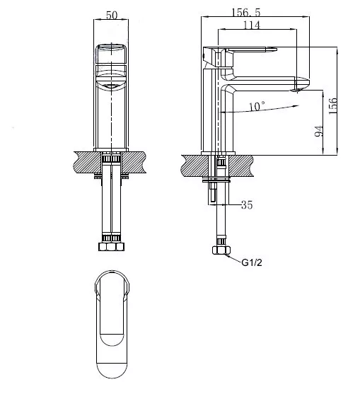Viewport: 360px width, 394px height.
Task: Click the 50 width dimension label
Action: (x=112, y=15)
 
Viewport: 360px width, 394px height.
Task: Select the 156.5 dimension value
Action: (x=246, y=12)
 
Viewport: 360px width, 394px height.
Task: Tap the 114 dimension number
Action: (x=252, y=25)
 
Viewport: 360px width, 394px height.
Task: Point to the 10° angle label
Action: (x=257, y=106)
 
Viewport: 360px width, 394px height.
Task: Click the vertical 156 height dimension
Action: (x=332, y=106)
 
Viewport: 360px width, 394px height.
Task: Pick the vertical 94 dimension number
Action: (x=319, y=131)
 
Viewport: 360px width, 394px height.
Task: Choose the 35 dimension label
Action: (x=247, y=205)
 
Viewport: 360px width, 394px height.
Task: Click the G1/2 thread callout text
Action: (x=252, y=263)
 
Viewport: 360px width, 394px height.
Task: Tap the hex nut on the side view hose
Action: (x=221, y=250)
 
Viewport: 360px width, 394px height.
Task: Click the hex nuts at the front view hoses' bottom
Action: (x=111, y=246)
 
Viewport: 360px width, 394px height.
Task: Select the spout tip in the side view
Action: (x=302, y=85)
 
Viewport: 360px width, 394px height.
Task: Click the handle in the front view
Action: (x=111, y=54)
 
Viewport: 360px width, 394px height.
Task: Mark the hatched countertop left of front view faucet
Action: (x=88, y=162)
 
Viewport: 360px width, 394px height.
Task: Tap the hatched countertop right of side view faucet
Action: (x=240, y=166)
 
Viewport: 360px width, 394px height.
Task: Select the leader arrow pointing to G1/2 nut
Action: (x=232, y=259)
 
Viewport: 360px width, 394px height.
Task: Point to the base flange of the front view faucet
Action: (x=111, y=150)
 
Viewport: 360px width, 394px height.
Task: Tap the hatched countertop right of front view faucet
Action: (x=134, y=162)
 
